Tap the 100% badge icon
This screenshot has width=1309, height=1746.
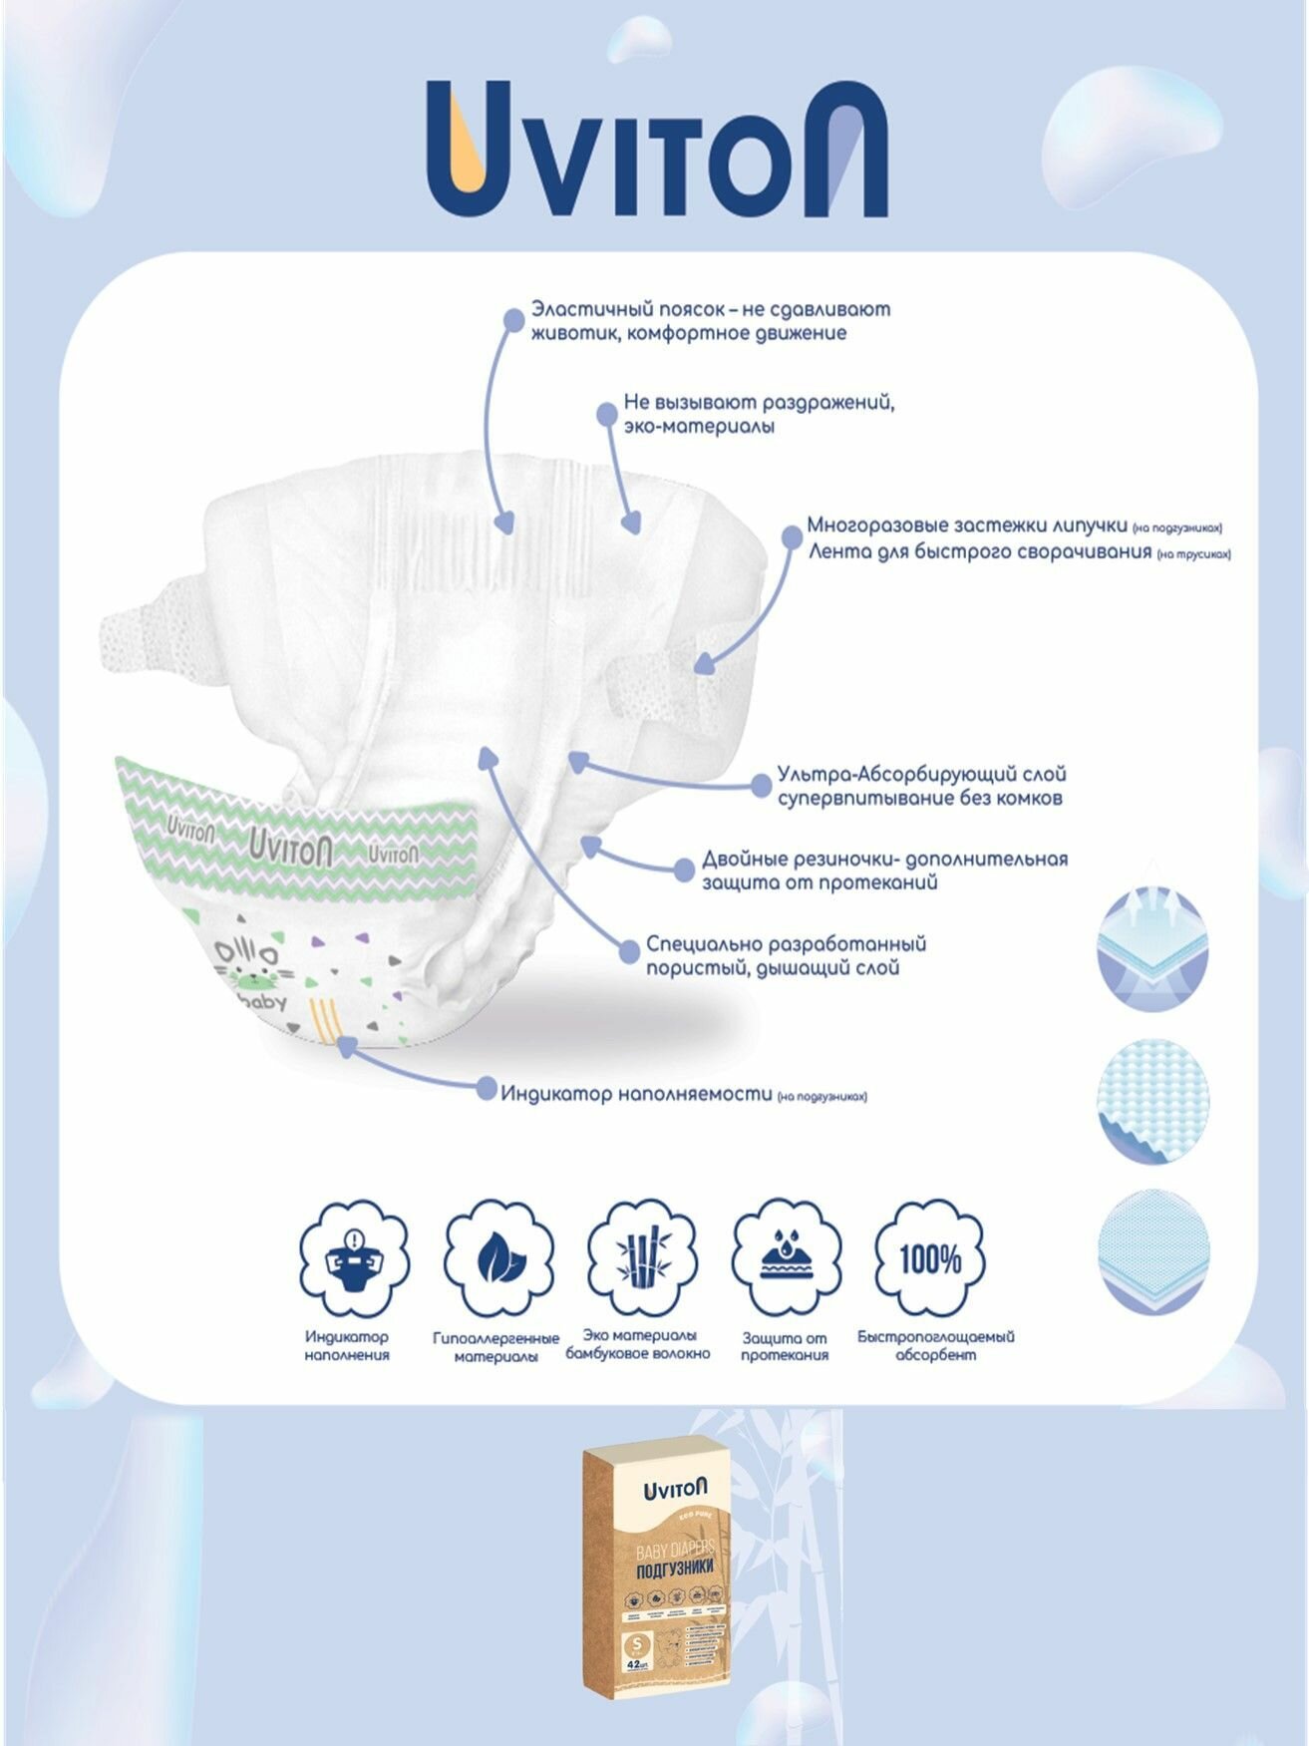tap(929, 1258)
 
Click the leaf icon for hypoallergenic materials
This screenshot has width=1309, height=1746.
tap(497, 1259)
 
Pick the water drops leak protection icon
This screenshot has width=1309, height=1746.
tap(785, 1259)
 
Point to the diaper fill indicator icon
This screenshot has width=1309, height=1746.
tap(354, 1258)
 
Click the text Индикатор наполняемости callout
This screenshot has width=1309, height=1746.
tap(637, 1094)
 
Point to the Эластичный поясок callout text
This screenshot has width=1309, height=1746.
tap(710, 320)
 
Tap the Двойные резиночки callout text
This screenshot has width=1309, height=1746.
tap(884, 870)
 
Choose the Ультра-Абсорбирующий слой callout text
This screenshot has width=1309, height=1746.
tap(921, 786)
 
